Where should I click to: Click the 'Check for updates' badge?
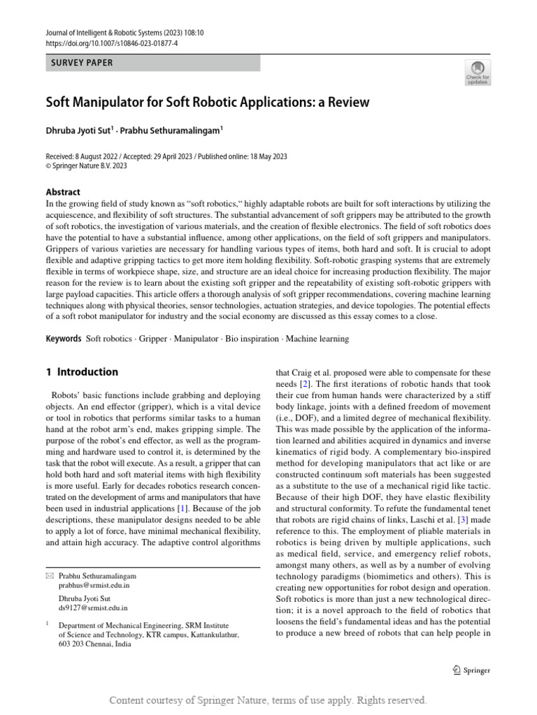477,72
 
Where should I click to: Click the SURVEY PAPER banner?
152,63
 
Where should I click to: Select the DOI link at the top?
112,43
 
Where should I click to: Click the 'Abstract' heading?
63,192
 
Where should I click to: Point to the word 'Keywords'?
64,339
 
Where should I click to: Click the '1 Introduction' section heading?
82,372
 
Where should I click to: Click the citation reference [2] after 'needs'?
305,384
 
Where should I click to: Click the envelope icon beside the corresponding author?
49,576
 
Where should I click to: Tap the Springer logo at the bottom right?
471,670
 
